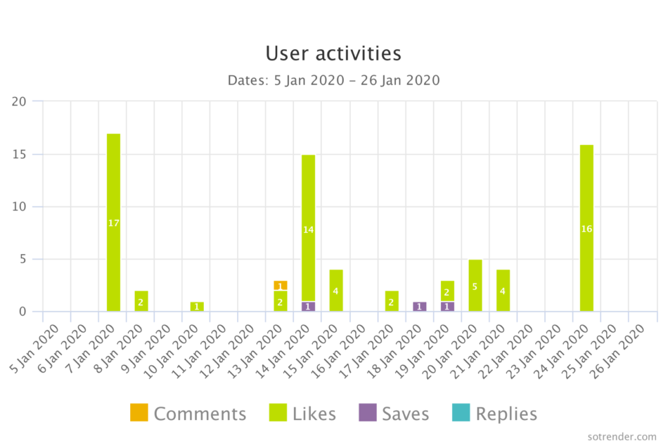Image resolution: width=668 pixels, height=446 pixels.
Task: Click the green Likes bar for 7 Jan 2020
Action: coord(113,222)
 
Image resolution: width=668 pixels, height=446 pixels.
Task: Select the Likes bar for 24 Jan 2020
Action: coord(586,228)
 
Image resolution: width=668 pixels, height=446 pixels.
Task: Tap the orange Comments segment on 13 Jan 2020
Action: coord(280,286)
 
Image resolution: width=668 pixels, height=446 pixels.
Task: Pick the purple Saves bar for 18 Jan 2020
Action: coord(419,306)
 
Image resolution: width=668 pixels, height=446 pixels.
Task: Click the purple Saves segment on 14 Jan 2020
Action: coord(308,306)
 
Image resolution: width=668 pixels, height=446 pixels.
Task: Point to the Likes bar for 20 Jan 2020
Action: coord(475,286)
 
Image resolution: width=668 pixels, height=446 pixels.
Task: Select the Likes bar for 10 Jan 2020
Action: coord(197,306)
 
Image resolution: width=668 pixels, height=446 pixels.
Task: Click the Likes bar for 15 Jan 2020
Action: coord(336,291)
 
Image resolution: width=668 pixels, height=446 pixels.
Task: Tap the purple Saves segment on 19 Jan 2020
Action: coord(447,306)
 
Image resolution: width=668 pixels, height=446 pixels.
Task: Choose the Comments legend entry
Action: coord(188,414)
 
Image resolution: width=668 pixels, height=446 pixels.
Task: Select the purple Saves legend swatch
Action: coord(367,413)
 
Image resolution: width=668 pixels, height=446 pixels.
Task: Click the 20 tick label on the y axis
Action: coord(19,101)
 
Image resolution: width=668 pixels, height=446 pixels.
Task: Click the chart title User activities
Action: coord(333,53)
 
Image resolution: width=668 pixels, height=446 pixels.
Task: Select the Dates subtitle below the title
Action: coord(333,80)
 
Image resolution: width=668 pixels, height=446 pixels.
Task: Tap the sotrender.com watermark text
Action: coord(622,436)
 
